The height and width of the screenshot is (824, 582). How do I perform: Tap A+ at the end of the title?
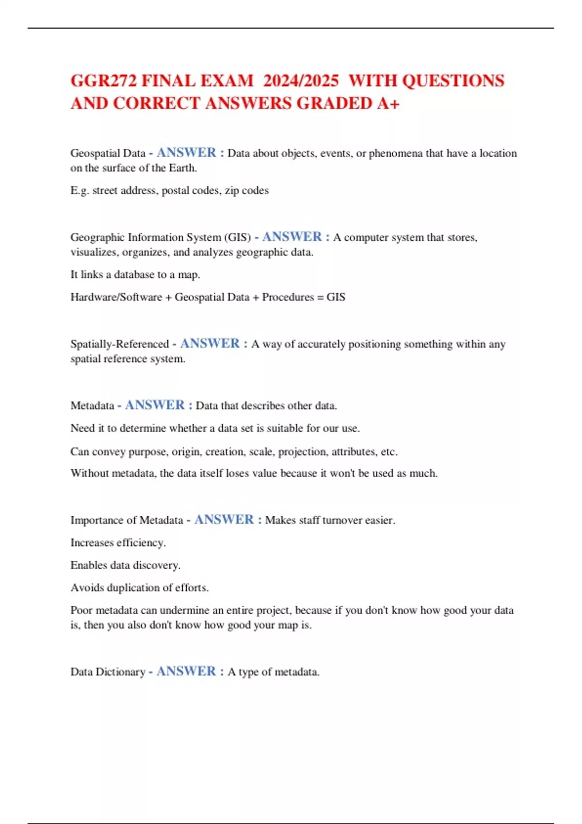388,103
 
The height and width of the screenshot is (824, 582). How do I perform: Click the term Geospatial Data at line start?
108,153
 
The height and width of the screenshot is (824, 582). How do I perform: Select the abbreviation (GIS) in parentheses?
238,238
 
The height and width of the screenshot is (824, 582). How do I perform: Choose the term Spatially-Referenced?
119,344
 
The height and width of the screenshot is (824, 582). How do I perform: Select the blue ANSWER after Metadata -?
155,405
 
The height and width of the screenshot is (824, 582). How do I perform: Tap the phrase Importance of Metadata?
127,520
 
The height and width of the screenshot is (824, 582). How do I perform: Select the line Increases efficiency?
118,543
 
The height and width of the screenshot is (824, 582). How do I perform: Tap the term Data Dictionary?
108,672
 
